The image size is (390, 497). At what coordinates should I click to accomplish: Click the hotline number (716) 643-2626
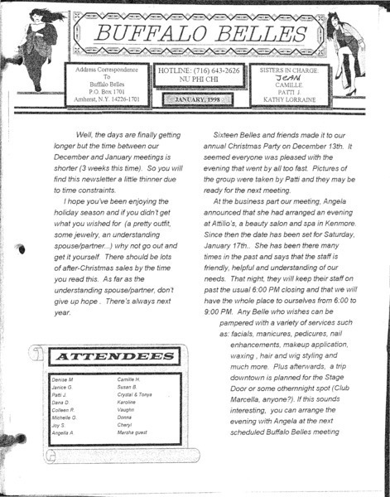coord(218,71)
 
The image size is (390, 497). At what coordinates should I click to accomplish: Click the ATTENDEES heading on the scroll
coord(104,355)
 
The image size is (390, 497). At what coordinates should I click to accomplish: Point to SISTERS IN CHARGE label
coord(291,71)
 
